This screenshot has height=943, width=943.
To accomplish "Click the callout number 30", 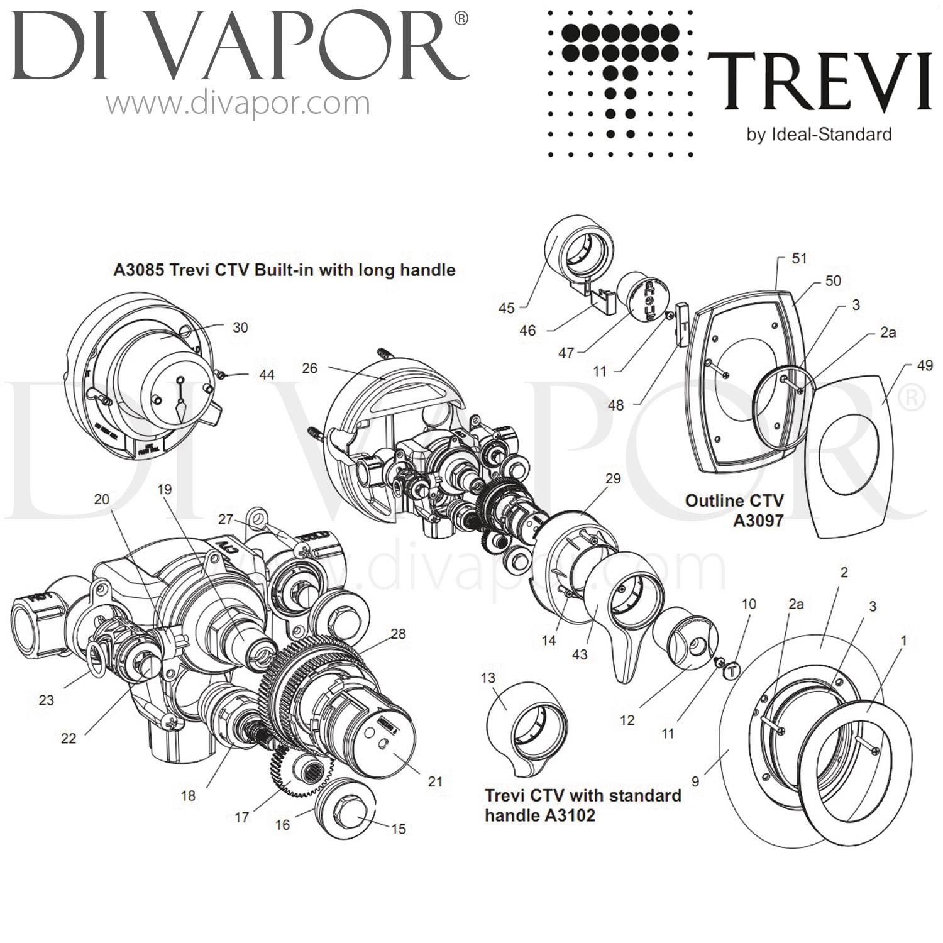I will [240, 328].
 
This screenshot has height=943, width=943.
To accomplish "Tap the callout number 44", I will [267, 375].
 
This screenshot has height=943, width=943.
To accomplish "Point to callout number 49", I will [925, 365].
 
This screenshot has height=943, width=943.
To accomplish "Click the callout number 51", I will [799, 258].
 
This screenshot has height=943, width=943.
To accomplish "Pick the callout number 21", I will [435, 781].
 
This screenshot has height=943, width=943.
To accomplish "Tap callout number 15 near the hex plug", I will [399, 829].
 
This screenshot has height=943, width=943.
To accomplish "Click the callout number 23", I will [47, 700].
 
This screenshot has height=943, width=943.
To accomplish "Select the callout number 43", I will [579, 654].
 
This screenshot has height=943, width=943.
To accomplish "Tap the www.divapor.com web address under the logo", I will [238, 102].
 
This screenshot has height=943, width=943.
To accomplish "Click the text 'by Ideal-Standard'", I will [819, 134].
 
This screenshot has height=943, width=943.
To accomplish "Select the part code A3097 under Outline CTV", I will [758, 521].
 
